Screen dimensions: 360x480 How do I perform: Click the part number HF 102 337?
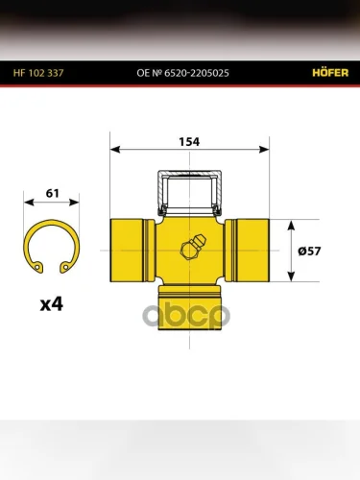[x=38, y=73]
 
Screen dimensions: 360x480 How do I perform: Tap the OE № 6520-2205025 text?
[x=182, y=73]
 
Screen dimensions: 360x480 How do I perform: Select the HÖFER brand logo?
[x=330, y=72]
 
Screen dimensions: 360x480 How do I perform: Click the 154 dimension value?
[x=189, y=142]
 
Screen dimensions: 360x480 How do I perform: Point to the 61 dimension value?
[x=53, y=193]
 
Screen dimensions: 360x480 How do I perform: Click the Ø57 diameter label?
[x=309, y=251]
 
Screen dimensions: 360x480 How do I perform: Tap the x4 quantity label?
[x=52, y=304]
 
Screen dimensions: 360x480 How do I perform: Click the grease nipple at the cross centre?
[x=193, y=247]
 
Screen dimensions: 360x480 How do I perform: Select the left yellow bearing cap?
[x=132, y=251]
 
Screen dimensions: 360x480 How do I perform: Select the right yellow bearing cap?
[x=247, y=251]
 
